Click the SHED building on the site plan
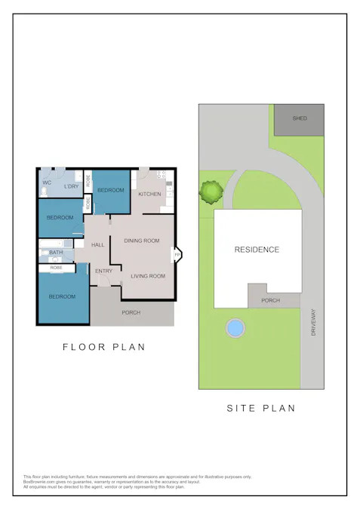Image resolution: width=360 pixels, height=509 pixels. [x=299, y=119]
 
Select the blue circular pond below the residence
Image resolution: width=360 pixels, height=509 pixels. [x=235, y=328]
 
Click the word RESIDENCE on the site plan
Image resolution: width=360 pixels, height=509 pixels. [x=257, y=250]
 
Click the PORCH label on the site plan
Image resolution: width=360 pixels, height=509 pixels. [x=270, y=300]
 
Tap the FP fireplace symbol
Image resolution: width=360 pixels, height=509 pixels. [x=177, y=255]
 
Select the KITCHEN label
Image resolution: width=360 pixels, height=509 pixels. [x=149, y=195]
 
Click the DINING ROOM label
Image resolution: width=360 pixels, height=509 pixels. [x=141, y=241]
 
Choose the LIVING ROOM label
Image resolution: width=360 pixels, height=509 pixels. [x=148, y=276]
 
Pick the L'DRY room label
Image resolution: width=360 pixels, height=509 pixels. [x=72, y=186]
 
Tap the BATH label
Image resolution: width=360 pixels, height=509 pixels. [x=56, y=253]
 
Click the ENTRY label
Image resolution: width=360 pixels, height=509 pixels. [x=103, y=271]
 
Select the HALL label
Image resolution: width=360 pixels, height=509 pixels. [x=98, y=245]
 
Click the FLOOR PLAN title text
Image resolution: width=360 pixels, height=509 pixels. [x=103, y=347]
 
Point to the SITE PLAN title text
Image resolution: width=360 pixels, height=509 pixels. [x=261, y=408]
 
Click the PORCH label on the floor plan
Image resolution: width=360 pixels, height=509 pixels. [x=131, y=312]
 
